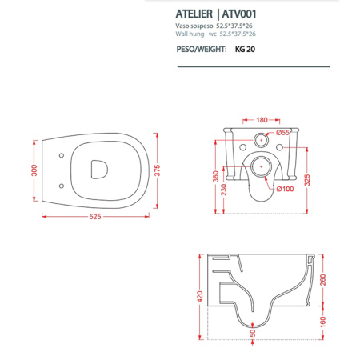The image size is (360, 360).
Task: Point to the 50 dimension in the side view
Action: (254, 333)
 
